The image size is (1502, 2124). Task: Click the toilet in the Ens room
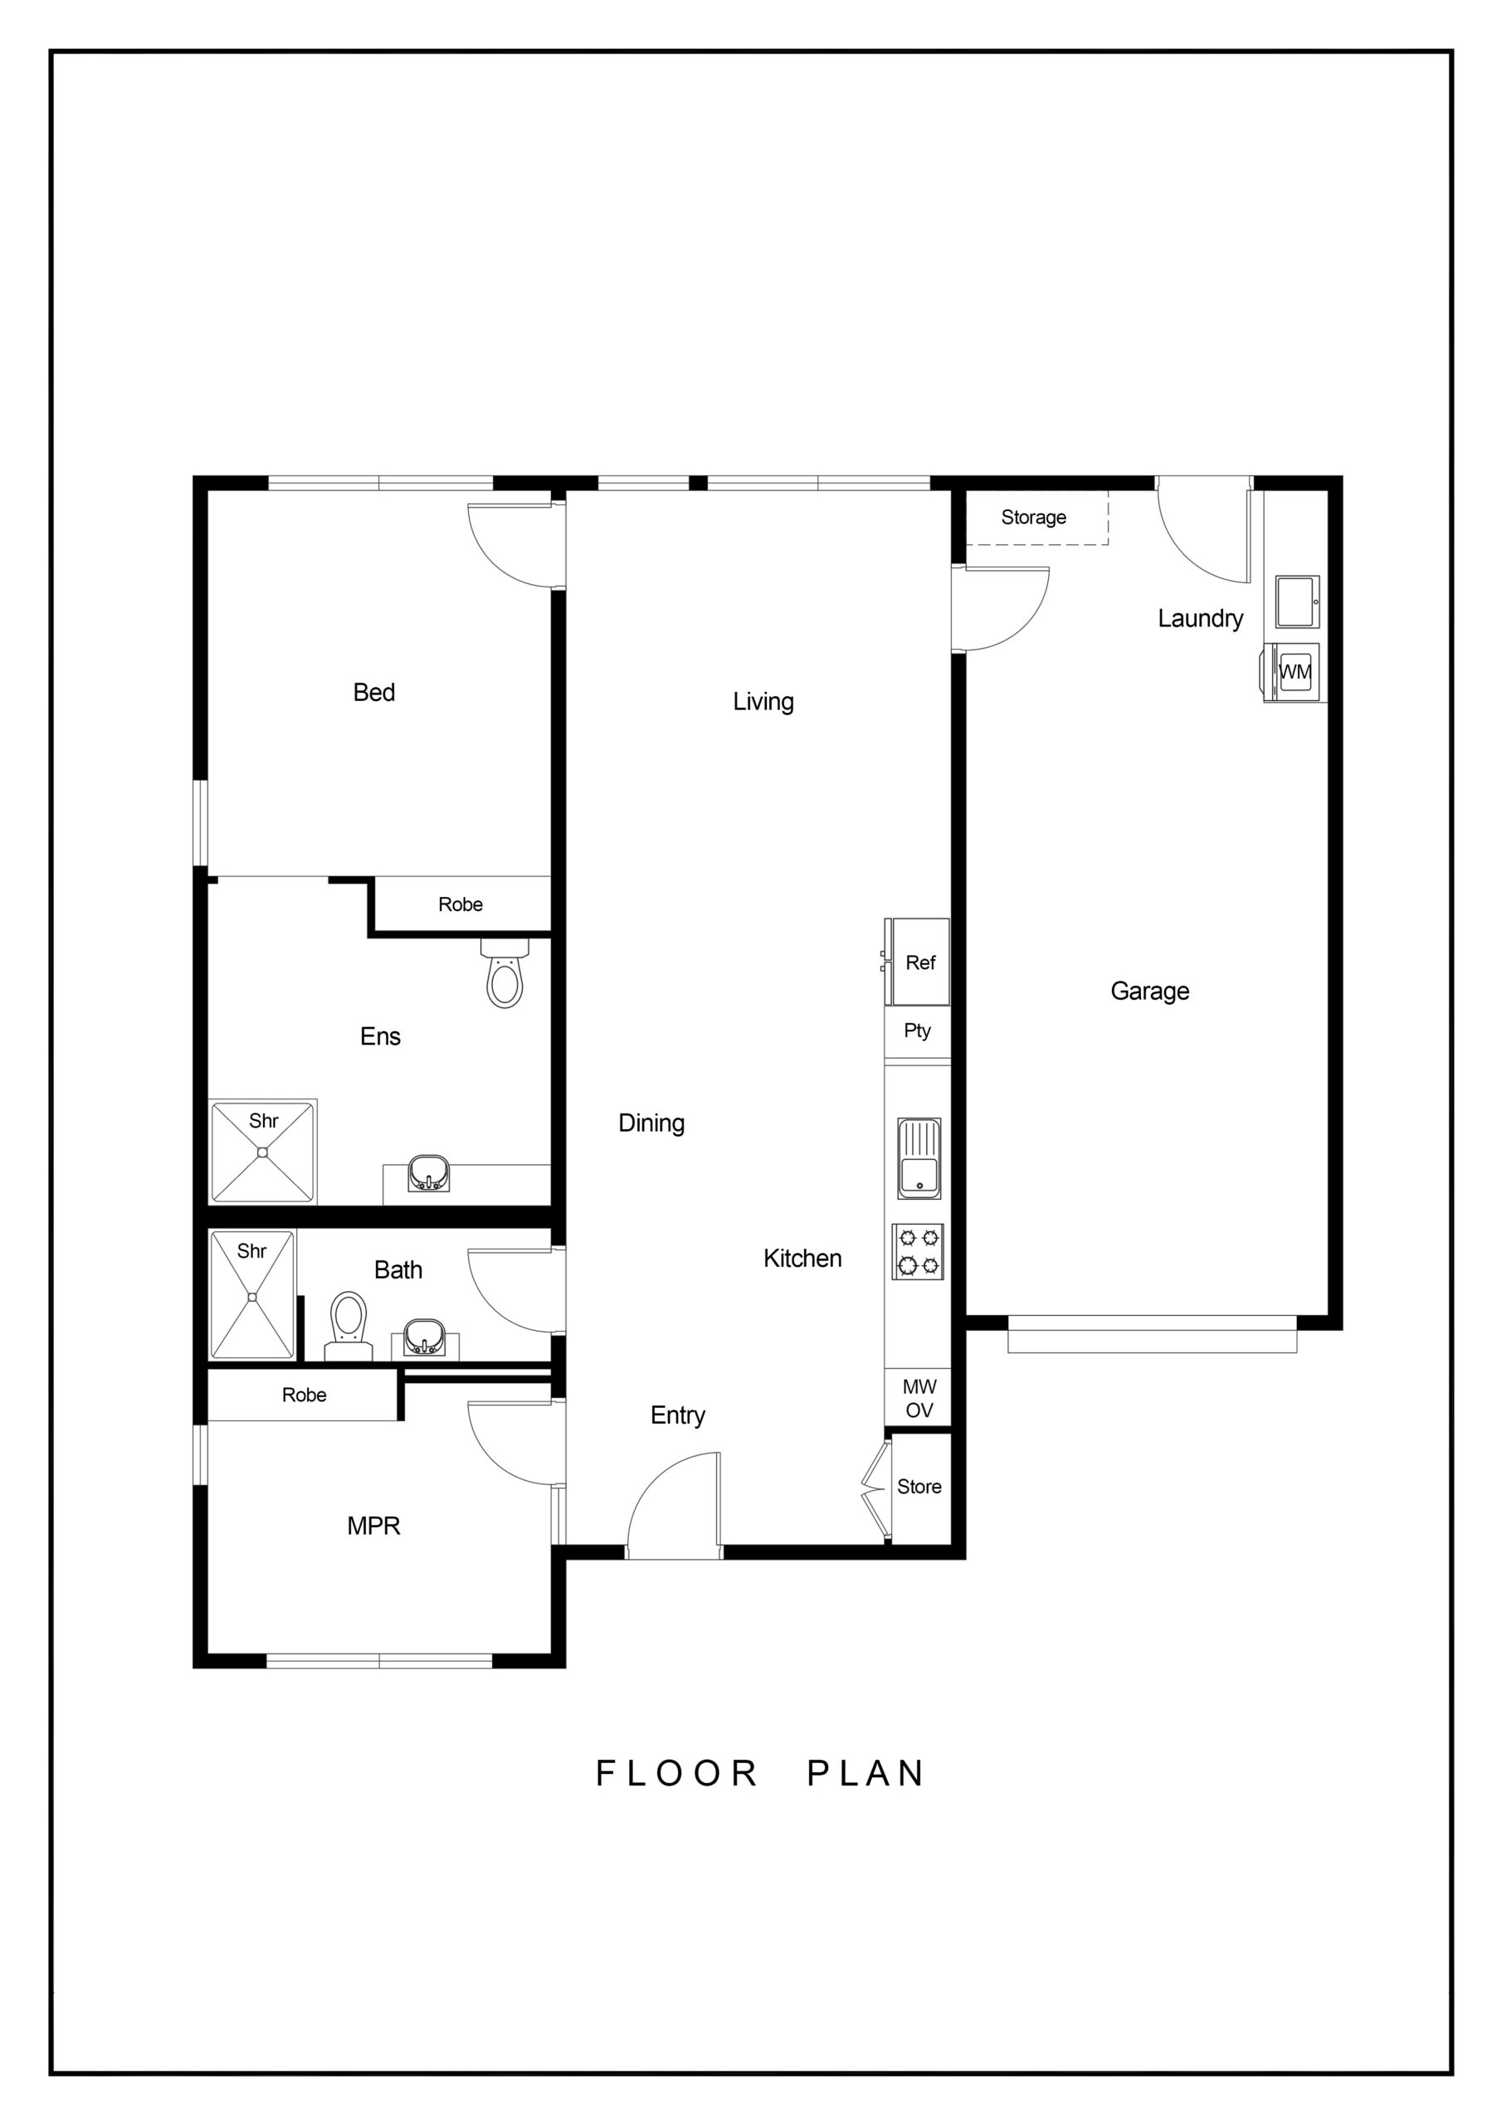[505, 972]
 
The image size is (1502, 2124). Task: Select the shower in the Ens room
[263, 1152]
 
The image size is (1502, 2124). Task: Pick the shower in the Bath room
[251, 1294]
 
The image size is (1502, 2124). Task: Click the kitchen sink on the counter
[919, 1158]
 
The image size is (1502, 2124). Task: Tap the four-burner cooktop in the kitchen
[918, 1252]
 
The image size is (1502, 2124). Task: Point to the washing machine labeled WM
[1293, 671]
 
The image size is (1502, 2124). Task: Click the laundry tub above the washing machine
[1298, 602]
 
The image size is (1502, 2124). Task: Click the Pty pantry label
[917, 1030]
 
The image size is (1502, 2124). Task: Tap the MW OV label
[919, 1398]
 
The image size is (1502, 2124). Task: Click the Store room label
[919, 1487]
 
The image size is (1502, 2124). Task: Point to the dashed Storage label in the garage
[1033, 517]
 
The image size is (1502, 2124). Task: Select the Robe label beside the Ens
[460, 904]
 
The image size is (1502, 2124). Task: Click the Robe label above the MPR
[304, 1395]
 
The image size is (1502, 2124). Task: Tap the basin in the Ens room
[428, 1173]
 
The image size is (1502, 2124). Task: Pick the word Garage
[1149, 991]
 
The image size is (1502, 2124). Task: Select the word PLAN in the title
[866, 1773]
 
